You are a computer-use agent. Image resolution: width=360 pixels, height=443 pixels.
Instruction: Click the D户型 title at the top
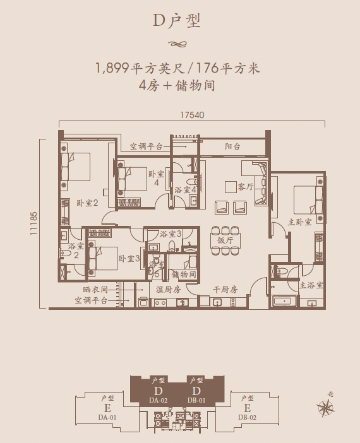click(x=177, y=21)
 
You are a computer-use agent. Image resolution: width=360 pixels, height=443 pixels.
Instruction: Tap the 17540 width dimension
click(x=192, y=115)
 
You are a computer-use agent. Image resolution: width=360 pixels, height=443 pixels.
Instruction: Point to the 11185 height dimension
click(x=34, y=223)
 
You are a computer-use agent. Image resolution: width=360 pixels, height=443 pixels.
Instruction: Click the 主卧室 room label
click(x=300, y=222)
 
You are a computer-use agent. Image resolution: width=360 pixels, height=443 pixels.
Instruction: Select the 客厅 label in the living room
click(x=246, y=186)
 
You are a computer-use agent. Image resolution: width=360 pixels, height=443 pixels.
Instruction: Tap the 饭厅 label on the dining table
click(x=225, y=240)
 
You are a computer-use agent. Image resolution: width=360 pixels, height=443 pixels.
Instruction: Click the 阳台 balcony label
click(x=232, y=146)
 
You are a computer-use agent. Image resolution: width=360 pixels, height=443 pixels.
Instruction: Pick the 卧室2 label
click(x=87, y=203)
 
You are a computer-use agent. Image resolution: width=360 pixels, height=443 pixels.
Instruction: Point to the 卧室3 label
click(x=129, y=258)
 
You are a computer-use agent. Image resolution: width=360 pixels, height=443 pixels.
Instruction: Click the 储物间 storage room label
click(x=184, y=274)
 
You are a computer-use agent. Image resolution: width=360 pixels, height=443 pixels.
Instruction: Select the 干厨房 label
click(x=225, y=289)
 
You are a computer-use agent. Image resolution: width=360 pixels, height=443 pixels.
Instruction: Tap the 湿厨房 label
click(x=169, y=289)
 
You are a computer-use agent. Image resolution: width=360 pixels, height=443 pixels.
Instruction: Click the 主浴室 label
click(x=311, y=285)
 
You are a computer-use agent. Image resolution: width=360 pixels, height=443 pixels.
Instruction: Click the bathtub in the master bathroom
click(x=285, y=301)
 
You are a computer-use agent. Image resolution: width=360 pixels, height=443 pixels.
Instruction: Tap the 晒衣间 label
click(x=95, y=290)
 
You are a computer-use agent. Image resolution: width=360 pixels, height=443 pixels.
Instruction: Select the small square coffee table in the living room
click(x=231, y=187)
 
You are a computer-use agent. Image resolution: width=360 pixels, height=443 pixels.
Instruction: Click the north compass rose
click(x=326, y=408)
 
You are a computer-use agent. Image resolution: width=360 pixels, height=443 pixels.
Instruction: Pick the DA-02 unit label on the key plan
click(x=159, y=400)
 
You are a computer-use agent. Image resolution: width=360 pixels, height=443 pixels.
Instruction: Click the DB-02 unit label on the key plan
click(x=247, y=417)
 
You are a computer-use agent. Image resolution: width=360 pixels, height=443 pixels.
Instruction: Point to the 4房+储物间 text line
click(x=177, y=85)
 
